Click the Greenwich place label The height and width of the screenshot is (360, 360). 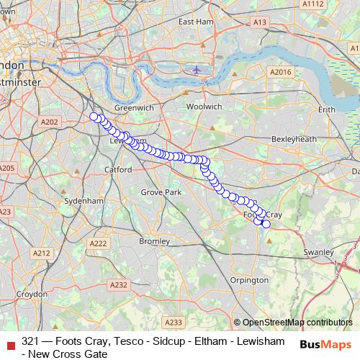tap(134, 107)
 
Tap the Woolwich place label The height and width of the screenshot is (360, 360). tap(204, 106)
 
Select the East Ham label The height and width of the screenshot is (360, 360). tap(196, 22)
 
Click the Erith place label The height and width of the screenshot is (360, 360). tap(327, 109)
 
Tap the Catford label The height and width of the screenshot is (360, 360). tap(118, 170)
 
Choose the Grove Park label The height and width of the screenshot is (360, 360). tap(161, 193)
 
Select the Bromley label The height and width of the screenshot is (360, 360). tap(153, 240)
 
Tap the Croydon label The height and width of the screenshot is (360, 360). tap(32, 294)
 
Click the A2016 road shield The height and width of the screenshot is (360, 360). tap(279, 72)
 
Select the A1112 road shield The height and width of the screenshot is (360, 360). tap(313, 4)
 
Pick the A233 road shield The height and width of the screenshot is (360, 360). tap(174, 322)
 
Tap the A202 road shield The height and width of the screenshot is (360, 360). tap(49, 122)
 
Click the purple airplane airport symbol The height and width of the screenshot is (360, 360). tap(197, 70)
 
